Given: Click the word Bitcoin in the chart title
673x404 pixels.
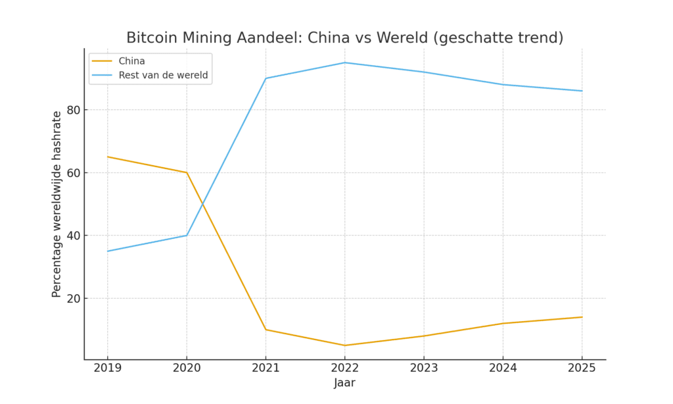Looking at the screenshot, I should pos(151,38).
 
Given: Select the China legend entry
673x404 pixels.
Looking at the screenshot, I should pos(131,61).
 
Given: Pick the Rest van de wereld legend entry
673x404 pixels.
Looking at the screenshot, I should pos(163,76).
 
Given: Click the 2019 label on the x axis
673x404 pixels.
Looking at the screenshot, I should pos(108,368).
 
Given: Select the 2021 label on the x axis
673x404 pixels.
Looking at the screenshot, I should pos(266,368).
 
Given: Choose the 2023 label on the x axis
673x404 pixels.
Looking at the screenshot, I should pos(424,368).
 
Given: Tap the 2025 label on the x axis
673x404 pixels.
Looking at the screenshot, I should pos(582,368).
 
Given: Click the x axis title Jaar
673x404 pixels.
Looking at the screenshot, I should pos(344,383).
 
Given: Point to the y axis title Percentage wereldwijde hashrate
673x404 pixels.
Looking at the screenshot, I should pos(57,204).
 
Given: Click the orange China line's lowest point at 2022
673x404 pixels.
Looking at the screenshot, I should pos(345,345).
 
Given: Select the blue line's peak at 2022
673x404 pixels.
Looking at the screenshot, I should pos(345,63).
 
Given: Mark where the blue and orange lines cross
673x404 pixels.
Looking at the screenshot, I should pos(200,204).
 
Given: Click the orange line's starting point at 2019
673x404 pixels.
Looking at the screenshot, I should pos(108,157).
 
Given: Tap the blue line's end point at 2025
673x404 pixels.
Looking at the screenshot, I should pos(582,91).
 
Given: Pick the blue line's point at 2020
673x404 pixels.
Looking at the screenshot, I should pos(187,236).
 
